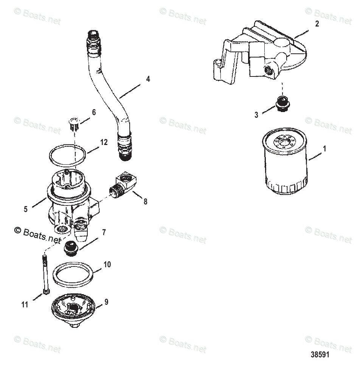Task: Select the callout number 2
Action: pyautogui.click(x=317, y=24)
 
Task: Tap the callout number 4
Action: pyautogui.click(x=148, y=79)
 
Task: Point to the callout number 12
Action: pyautogui.click(x=104, y=142)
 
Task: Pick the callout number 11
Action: pyautogui.click(x=25, y=304)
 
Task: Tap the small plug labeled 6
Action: pyautogui.click(x=74, y=124)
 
